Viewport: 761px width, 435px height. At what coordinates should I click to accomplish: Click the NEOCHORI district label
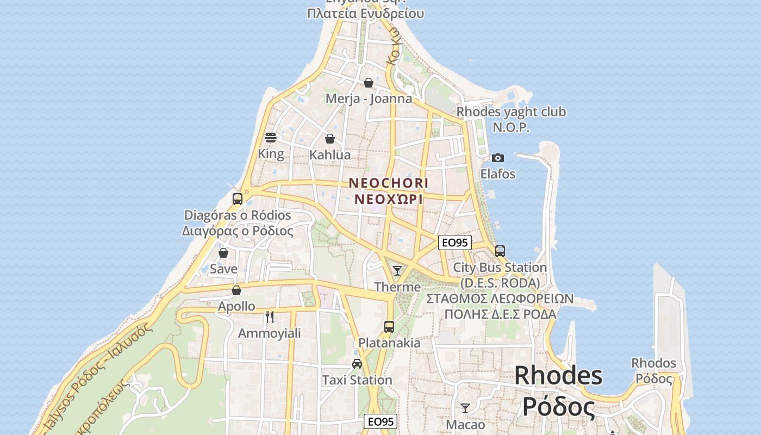coord(388,183)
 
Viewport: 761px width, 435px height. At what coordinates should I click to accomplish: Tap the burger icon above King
coord(271,138)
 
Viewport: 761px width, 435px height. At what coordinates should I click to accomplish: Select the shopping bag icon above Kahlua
coord(330,139)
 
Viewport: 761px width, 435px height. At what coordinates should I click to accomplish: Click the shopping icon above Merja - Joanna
coord(369,83)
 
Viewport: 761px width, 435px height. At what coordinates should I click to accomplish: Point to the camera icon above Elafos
coord(497,158)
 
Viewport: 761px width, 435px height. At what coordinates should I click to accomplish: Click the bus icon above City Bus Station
coord(500,251)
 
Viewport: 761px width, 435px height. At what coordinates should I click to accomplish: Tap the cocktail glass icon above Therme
coord(397,271)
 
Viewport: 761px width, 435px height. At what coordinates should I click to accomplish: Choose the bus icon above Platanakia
coord(389,327)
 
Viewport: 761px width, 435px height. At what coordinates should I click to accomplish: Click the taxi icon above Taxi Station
coord(357,364)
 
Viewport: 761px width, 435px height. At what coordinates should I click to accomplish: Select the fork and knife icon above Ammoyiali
coord(269,317)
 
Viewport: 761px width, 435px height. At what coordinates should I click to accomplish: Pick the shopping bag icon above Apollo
coord(236,290)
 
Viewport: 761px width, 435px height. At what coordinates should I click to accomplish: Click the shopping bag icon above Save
coord(223,253)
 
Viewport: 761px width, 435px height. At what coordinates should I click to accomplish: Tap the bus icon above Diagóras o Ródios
coord(238,199)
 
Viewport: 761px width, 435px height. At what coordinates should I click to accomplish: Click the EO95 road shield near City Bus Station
coord(454,243)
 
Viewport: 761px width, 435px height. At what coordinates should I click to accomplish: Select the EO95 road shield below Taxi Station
coord(380,421)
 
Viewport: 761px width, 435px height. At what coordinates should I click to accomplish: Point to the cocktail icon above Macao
coord(465,408)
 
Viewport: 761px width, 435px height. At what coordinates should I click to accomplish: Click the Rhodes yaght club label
coord(511,112)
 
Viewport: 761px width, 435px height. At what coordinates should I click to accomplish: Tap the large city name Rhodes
coord(558,376)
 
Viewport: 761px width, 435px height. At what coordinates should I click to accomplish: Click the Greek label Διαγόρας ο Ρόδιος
coord(238,231)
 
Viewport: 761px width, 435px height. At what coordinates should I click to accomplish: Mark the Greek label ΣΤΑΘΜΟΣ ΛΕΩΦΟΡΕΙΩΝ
coord(500,299)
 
